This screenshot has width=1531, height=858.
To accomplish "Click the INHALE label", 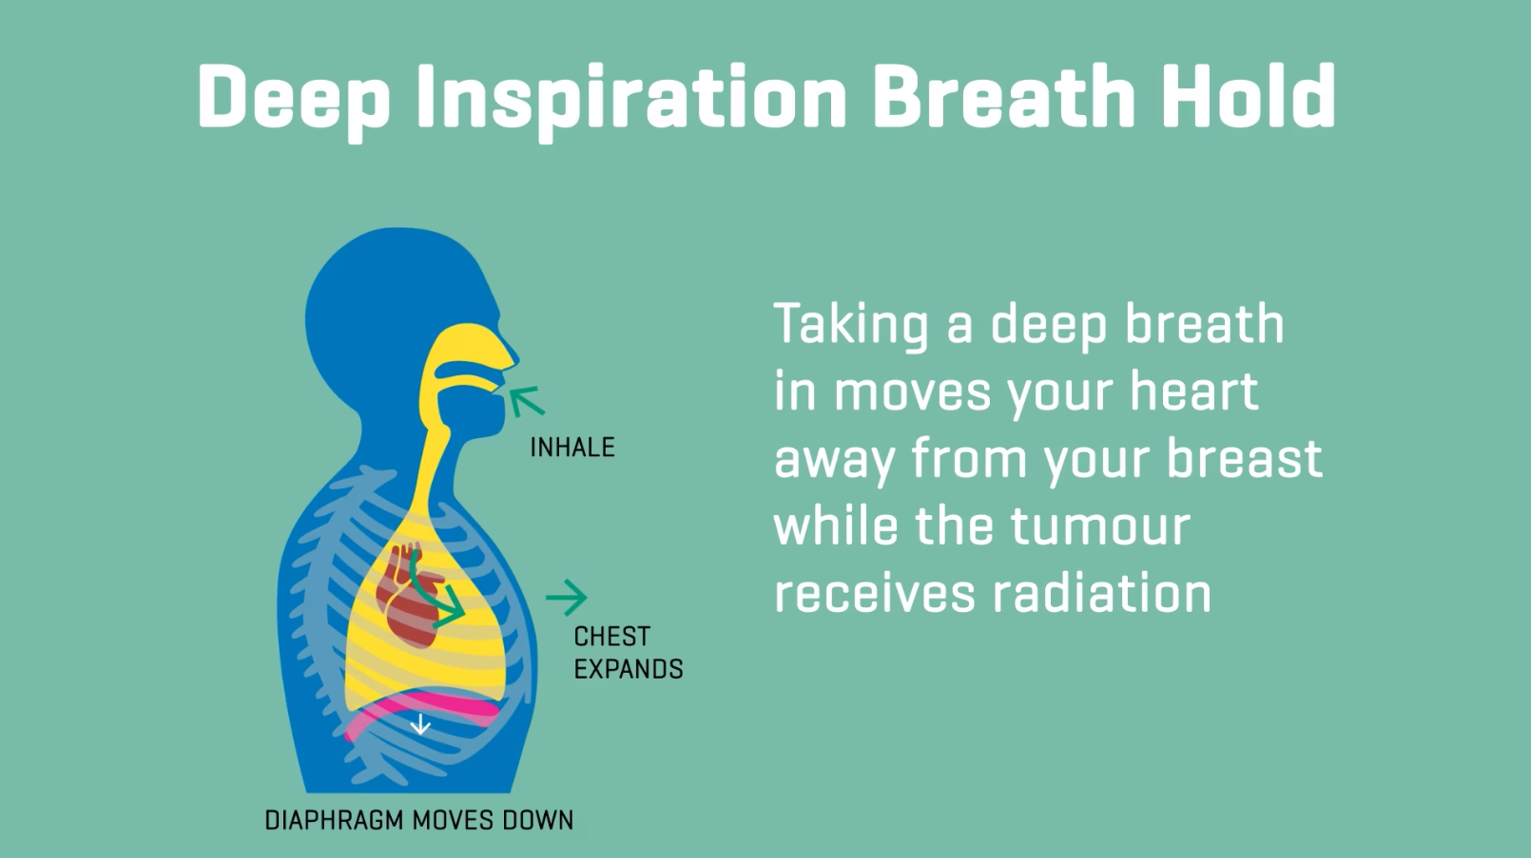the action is point(572,448).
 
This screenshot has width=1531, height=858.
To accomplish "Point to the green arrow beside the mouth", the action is point(527,401).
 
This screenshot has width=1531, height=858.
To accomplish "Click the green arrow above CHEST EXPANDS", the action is point(567,598).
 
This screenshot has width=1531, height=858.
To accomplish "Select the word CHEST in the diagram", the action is point(611,637).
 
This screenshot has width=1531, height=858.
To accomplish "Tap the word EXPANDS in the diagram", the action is point(629,669).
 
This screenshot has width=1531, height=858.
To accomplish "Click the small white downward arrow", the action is point(420,724).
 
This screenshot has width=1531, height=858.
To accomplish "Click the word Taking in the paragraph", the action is point(852,326).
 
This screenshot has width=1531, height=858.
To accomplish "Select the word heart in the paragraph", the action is point(1194,391).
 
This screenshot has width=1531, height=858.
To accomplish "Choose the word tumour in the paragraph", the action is point(1100,526).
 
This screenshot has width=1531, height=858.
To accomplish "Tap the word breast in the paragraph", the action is point(1245,458).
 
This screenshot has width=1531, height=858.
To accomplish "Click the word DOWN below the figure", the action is point(538,820).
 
